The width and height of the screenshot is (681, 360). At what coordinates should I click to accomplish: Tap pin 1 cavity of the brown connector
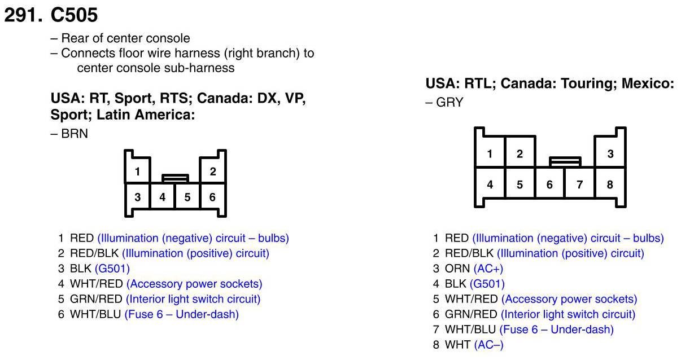pyautogui.click(x=137, y=171)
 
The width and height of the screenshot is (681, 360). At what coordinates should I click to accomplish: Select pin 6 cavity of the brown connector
pyautogui.click(x=213, y=197)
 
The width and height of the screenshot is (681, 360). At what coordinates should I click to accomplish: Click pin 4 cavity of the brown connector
pyautogui.click(x=163, y=197)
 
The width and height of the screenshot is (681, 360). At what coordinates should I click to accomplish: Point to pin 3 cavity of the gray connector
pyautogui.click(x=610, y=153)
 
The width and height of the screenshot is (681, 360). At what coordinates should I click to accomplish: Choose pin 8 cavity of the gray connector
pyautogui.click(x=610, y=185)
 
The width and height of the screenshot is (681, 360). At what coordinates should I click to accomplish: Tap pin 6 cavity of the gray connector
pyautogui.click(x=549, y=185)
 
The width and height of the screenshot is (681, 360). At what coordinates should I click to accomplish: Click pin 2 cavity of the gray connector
pyautogui.click(x=520, y=153)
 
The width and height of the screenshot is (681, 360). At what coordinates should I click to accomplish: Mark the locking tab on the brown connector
pyautogui.click(x=175, y=178)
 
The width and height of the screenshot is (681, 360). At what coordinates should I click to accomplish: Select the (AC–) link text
pyautogui.click(x=488, y=345)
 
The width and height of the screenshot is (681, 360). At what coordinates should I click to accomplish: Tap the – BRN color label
pyautogui.click(x=69, y=134)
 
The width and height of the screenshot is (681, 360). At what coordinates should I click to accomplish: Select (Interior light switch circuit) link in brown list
pyautogui.click(x=193, y=299)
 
